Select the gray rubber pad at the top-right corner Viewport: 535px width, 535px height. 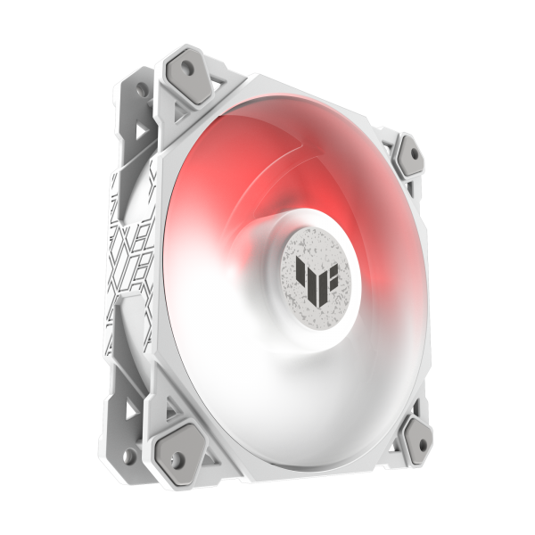411,153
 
